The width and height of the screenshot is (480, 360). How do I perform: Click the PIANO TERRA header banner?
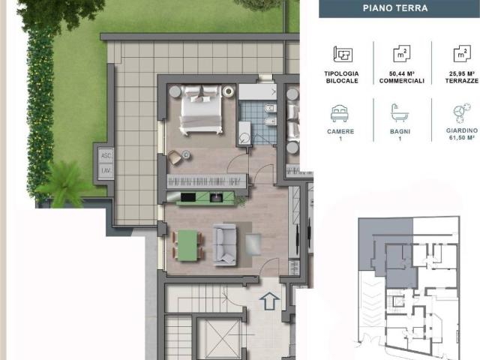[x=399, y=8]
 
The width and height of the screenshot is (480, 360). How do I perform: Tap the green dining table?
[x=187, y=245]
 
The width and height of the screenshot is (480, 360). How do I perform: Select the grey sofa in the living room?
[x=225, y=244]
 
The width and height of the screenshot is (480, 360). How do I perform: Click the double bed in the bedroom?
[x=201, y=109]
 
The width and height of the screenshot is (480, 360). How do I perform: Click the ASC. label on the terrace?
[x=106, y=156]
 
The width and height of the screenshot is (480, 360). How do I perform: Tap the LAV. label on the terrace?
[x=106, y=170]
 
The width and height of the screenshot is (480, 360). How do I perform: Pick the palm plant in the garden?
[x=64, y=185]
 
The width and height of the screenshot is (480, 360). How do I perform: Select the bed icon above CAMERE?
[x=340, y=113]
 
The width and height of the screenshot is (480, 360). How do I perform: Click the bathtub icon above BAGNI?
[x=400, y=113]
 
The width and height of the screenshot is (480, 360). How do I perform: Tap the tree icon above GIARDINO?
[x=462, y=113]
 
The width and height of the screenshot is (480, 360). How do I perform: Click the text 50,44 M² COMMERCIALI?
[x=402, y=77]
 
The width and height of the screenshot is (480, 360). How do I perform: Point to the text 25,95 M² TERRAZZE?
[x=462, y=77]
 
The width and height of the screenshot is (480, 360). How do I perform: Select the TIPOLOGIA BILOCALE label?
[x=342, y=77]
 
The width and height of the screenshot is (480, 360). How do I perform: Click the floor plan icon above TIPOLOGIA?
[x=343, y=55]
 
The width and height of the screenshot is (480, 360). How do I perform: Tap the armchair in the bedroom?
[x=175, y=157]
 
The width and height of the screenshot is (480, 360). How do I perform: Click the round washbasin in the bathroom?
[x=245, y=139]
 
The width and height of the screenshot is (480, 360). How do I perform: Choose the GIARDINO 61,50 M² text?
[x=462, y=134]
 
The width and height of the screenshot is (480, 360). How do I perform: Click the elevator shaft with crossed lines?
[x=218, y=338]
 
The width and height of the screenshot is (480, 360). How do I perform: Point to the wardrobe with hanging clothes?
[x=207, y=181]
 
